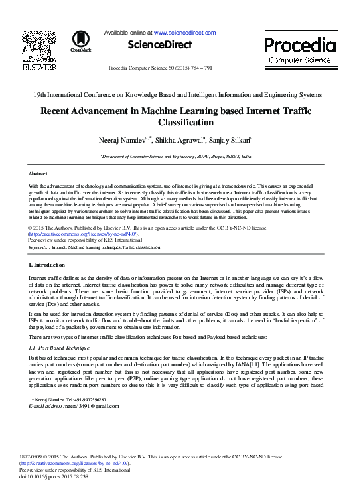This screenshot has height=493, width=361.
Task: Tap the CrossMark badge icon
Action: (x=81, y=41)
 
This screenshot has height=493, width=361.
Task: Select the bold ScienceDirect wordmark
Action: (x=160, y=45)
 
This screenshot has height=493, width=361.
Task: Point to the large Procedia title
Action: (x=300, y=46)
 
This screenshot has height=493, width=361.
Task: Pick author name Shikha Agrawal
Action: (x=178, y=141)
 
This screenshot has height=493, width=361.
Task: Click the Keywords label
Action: (x=38, y=247)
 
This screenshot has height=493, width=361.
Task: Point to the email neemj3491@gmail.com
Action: (x=74, y=406)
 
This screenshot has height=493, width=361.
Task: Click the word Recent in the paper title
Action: (x=60, y=112)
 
